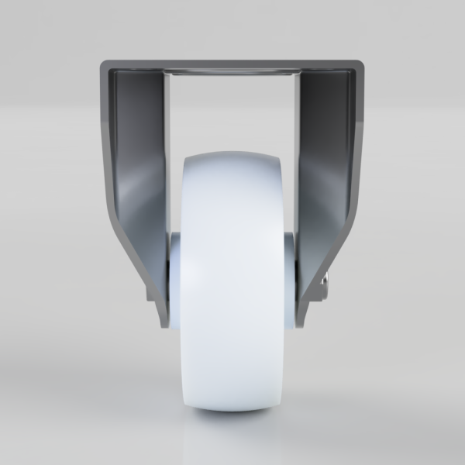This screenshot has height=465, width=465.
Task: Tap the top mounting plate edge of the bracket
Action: tap(232, 62)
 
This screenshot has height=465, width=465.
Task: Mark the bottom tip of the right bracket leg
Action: tap(305, 324)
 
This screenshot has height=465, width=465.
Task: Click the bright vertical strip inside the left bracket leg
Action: tap(167, 155)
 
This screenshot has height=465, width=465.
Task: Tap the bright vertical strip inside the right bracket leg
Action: tap(298, 155)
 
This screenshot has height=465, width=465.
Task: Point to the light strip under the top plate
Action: tap(232, 72)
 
